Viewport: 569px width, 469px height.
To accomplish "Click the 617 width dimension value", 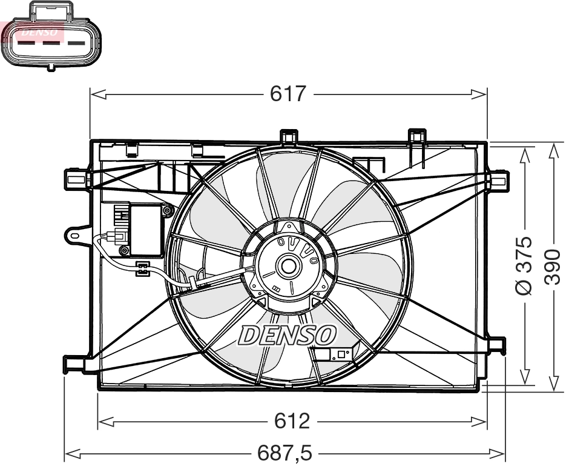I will point(289,94).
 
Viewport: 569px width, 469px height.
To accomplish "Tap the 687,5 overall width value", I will point(284,452).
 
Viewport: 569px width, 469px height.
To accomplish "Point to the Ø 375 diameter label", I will point(524,265).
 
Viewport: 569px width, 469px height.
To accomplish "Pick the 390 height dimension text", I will point(552,265).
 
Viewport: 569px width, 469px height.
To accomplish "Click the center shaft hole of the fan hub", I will point(287,265).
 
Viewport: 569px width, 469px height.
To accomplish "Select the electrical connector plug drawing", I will point(51,36).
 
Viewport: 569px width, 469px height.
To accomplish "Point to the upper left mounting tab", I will point(76,178).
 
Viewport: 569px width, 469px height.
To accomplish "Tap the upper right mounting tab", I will point(498,180).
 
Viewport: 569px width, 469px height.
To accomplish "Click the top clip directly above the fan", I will point(289,137).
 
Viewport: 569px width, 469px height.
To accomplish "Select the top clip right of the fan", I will point(417,136).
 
